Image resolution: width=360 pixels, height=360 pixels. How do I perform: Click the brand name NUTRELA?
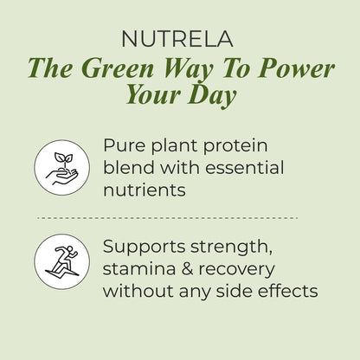click(180, 39)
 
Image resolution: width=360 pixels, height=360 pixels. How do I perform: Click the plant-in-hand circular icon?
click(62, 166)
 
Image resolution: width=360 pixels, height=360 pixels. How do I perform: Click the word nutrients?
click(144, 190)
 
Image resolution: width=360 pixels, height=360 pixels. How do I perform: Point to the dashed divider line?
click(180, 218)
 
